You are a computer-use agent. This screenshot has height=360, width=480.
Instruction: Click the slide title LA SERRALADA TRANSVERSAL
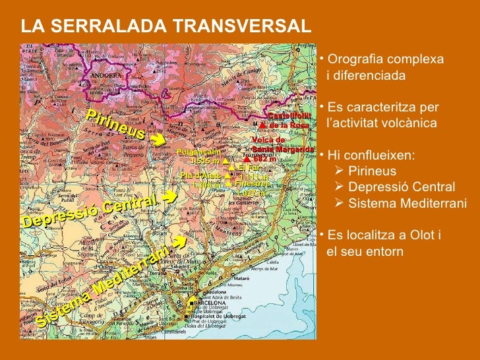165,26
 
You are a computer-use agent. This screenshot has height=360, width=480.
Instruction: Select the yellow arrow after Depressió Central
168,196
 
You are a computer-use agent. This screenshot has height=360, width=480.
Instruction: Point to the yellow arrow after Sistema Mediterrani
177,246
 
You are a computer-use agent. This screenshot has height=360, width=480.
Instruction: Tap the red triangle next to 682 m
246,159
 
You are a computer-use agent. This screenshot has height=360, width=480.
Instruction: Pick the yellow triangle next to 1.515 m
225,160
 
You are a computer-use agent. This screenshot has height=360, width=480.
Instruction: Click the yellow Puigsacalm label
198,152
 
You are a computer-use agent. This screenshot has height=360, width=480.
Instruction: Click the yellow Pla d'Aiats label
201,175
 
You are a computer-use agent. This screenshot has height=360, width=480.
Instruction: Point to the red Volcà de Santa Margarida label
277,144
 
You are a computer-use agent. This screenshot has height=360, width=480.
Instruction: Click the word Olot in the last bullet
417,236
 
